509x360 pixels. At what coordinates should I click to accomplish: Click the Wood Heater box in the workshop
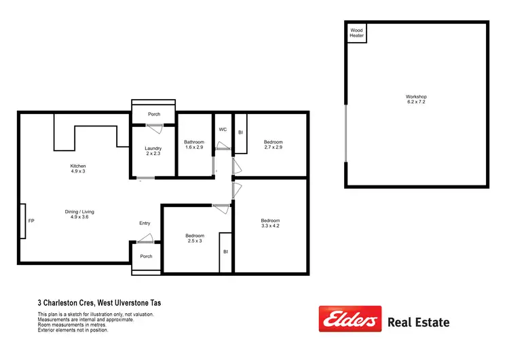coord(357,33)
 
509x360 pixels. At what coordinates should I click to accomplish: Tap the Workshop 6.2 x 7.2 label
coord(416,100)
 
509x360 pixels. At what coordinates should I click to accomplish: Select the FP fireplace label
coord(31,221)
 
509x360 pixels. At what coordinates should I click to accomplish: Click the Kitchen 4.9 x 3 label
coord(78,169)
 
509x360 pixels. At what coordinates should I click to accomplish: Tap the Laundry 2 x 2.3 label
coord(153,151)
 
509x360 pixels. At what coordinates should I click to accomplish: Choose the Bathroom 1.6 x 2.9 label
coord(194,145)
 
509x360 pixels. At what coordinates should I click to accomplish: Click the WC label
coord(222,129)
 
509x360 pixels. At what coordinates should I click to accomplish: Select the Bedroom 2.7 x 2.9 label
coord(273,145)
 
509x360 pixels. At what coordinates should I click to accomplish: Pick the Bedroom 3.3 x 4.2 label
coord(270,223)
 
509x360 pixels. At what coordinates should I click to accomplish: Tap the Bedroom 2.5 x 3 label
coord(194,239)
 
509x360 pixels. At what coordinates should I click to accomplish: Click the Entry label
coord(145,223)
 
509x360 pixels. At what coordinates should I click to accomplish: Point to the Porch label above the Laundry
coord(154,114)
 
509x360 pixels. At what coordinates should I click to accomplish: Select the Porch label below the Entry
coord(146,256)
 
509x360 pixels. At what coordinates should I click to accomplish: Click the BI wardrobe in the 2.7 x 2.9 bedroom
coord(240,133)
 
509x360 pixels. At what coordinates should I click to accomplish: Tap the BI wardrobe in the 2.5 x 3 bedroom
coord(225,252)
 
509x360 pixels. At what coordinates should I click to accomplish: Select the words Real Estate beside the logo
coord(417,323)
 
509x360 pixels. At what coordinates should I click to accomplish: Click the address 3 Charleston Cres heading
coord(99,303)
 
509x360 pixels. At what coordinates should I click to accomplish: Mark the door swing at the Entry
coord(144,238)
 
